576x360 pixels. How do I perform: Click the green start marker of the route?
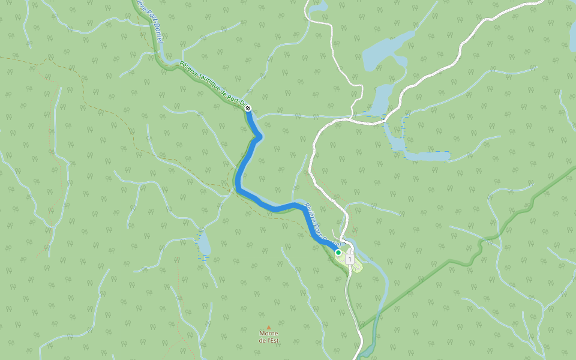(x=338, y=253)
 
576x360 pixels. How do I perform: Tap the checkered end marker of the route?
(x=248, y=109)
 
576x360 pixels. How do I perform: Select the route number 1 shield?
(x=349, y=259)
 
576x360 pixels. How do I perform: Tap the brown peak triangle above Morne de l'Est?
(x=269, y=327)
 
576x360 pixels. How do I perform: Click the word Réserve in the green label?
(x=191, y=71)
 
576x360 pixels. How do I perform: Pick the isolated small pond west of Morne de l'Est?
(x=204, y=245)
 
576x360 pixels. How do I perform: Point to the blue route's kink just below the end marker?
(x=259, y=138)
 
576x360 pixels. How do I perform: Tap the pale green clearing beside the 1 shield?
(x=356, y=265)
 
